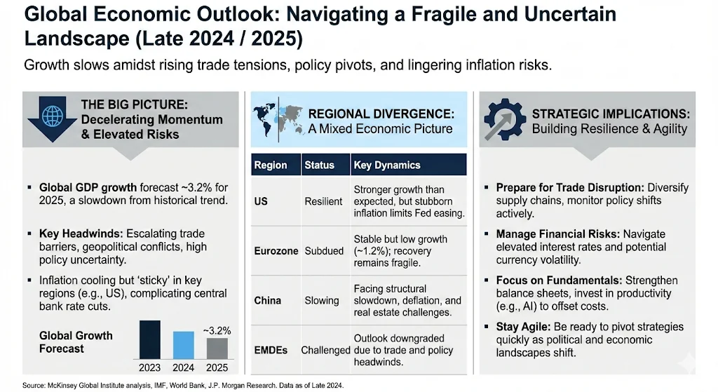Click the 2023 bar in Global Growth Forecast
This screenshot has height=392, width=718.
[149, 339]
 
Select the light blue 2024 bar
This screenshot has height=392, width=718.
[183, 345]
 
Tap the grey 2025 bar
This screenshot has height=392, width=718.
[217, 348]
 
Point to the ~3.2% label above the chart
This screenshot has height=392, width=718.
[217, 330]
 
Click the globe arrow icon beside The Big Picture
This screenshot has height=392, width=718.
[51, 119]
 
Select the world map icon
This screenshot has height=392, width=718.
[277, 119]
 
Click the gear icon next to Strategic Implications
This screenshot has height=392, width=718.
[504, 121]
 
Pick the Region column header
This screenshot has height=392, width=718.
[271, 165]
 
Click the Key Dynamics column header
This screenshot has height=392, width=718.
[386, 165]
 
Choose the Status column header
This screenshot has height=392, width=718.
[319, 165]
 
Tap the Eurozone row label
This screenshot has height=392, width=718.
[276, 250]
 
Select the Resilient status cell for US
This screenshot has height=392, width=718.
[323, 201]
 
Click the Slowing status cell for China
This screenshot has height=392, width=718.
[322, 300]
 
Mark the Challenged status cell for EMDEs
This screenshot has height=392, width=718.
[325, 349]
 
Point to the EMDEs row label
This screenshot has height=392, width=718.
[271, 349]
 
